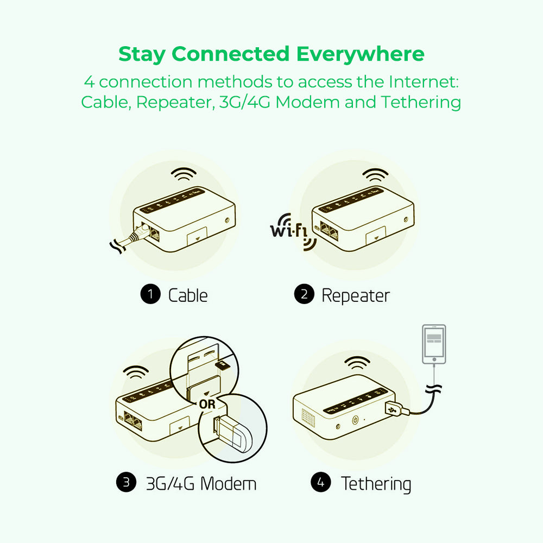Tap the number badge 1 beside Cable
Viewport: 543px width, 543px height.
[150, 295]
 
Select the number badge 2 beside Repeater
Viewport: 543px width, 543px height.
[304, 295]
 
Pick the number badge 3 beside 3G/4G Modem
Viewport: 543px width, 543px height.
[127, 483]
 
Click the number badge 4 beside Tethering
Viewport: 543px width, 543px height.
[321, 483]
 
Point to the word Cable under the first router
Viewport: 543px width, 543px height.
[188, 295]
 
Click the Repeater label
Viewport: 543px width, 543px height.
[356, 296]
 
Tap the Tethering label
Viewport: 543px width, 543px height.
[376, 484]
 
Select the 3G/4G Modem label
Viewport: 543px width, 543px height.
[201, 483]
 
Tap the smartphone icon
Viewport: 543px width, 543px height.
[434, 344]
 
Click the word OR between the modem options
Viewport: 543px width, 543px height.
[207, 404]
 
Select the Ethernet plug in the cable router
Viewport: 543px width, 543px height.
[141, 232]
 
